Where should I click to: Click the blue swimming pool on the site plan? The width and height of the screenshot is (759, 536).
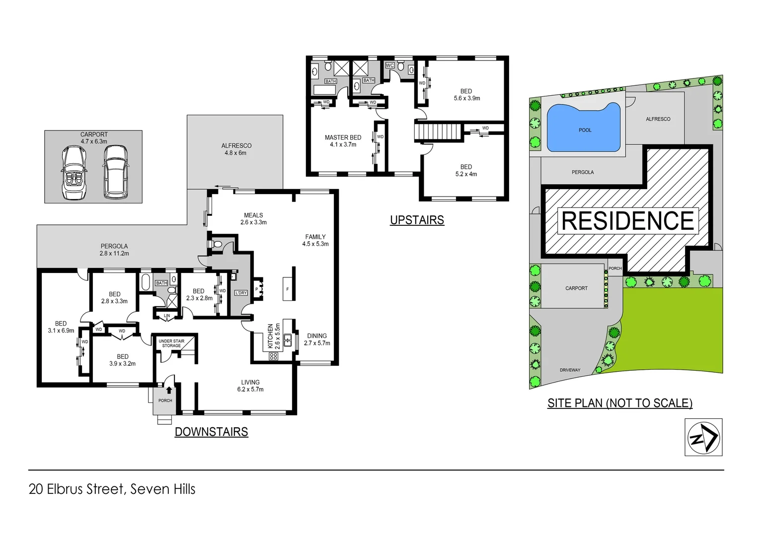[584, 128]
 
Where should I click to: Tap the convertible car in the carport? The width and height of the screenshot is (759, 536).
[74, 173]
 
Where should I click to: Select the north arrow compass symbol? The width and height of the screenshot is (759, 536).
[703, 437]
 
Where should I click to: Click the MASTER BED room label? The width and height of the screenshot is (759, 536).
[343, 141]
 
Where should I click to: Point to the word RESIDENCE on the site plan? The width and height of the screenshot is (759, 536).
[627, 221]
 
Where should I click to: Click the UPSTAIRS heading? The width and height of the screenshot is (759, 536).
[417, 220]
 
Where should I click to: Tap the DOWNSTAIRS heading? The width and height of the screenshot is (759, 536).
[211, 432]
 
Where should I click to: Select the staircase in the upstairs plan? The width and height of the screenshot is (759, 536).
[438, 132]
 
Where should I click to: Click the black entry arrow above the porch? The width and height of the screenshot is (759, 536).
[169, 390]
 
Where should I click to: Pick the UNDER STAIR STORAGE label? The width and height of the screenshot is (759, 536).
[171, 343]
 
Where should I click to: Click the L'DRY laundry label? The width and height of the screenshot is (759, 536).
[241, 293]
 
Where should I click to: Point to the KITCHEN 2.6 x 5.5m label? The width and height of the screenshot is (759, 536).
[274, 336]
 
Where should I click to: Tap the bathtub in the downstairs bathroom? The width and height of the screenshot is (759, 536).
[146, 282]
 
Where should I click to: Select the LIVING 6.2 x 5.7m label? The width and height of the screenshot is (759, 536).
[250, 386]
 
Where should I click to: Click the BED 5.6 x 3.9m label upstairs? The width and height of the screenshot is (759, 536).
[466, 95]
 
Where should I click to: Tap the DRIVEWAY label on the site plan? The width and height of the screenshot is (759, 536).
[570, 370]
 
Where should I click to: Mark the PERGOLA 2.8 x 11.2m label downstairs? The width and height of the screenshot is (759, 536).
[114, 250]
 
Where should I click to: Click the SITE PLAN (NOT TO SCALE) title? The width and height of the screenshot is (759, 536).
[619, 403]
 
